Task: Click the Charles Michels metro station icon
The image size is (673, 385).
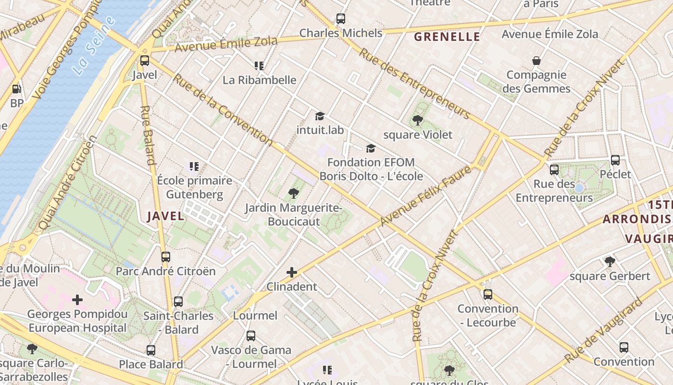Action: point(340,19)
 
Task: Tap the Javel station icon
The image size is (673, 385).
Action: point(144,61)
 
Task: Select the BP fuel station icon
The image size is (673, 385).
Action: point(16,89)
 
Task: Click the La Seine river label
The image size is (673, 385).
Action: point(94,45)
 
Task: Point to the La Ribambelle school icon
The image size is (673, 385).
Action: point(259,65)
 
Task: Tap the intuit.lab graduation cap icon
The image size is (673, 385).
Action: point(320,116)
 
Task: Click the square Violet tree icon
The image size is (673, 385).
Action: point(417,120)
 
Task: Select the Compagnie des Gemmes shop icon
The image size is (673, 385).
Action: point(536,61)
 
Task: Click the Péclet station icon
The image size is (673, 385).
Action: point(615,160)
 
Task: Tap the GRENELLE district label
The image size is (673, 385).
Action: point(447,37)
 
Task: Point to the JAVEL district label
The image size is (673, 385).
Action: point(165,216)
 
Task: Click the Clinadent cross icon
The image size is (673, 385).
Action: point(291,272)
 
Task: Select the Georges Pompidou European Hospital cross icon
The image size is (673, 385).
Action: point(77,300)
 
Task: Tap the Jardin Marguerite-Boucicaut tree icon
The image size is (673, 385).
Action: point(293,193)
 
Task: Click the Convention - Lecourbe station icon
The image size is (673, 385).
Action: point(487,294)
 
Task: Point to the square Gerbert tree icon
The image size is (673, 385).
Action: point(610,262)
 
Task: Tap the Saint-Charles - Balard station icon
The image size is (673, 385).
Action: point(178,302)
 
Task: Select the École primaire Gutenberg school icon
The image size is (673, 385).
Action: point(194,167)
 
